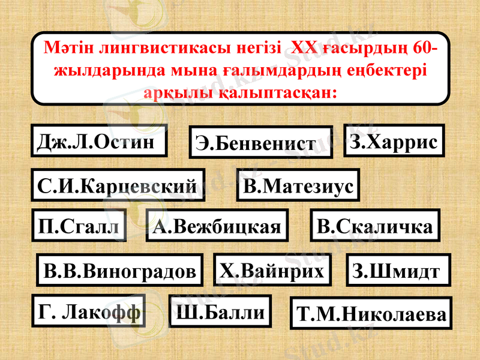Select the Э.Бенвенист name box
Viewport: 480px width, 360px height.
261,142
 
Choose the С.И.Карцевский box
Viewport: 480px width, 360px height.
118,185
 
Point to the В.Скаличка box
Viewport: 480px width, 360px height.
375,226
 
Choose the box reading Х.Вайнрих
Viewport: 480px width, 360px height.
272,269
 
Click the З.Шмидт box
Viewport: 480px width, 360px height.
398,271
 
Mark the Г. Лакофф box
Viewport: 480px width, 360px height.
89,311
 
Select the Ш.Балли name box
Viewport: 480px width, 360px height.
220,311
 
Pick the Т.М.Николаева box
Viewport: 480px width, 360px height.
370,313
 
